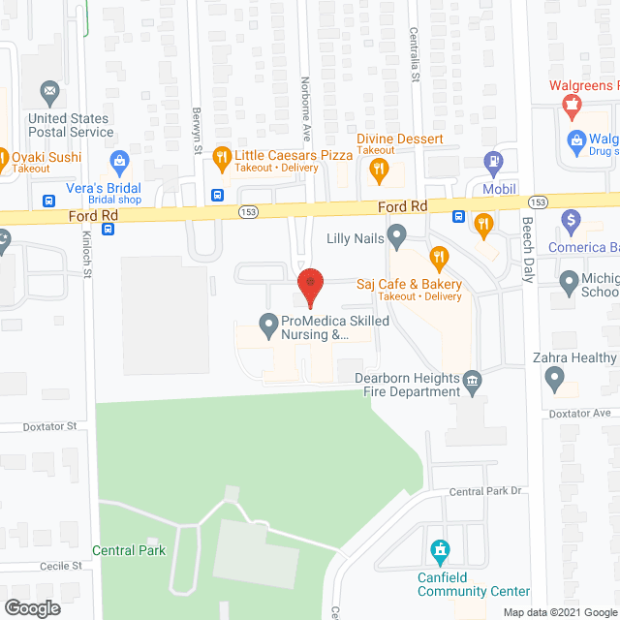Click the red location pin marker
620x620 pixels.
(310, 285)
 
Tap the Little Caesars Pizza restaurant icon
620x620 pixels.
(221, 156)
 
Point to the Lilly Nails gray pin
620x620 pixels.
(396, 233)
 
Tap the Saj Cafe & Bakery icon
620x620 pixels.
(439, 258)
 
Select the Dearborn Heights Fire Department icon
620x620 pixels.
(472, 379)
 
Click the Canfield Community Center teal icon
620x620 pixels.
(441, 553)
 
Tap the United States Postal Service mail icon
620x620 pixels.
(49, 93)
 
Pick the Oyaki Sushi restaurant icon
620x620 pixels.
(3, 157)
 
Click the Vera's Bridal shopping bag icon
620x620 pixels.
(120, 159)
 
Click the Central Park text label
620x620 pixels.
(129, 550)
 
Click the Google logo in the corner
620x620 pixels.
(31, 608)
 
